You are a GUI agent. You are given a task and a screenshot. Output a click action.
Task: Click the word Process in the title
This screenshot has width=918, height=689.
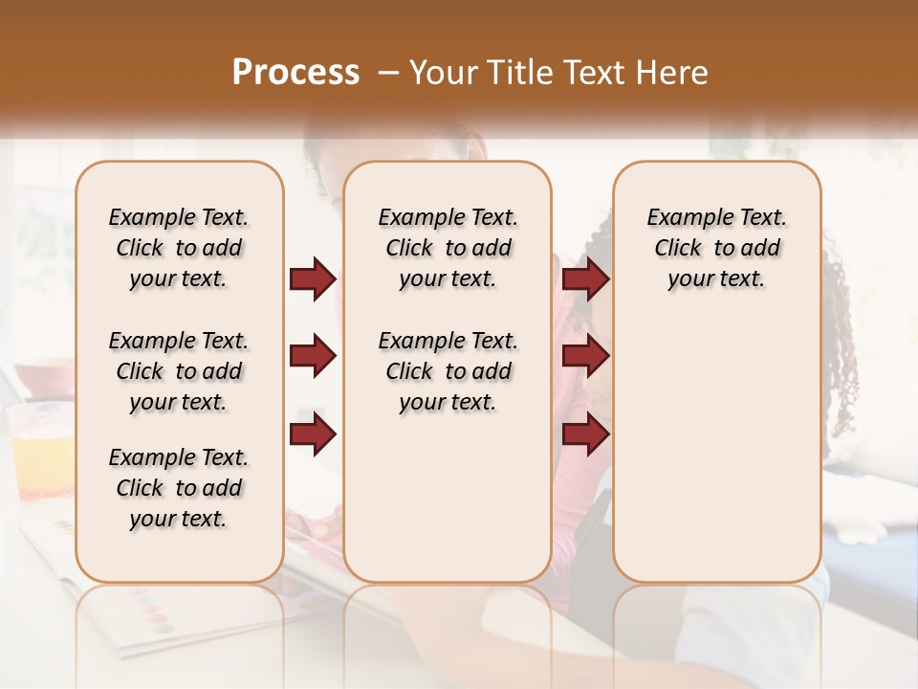click(x=295, y=73)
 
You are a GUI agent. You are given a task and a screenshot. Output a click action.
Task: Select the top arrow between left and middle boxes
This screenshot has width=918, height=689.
click(x=313, y=278)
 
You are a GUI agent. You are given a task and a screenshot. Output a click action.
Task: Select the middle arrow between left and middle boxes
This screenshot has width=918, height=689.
click(x=313, y=357)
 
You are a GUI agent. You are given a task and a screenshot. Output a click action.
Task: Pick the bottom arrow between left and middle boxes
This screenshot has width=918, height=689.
click(x=313, y=434)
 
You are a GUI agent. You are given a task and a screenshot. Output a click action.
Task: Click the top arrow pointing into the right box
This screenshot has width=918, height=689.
click(x=585, y=278)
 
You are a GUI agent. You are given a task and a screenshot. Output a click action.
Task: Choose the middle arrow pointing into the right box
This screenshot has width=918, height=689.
click(x=585, y=357)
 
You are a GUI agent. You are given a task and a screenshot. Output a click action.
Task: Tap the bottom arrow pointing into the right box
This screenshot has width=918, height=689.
click(x=585, y=434)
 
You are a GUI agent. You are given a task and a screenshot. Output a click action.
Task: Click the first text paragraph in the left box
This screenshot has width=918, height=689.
click(x=179, y=248)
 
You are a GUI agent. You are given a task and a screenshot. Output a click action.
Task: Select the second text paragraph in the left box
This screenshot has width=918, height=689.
click(x=179, y=371)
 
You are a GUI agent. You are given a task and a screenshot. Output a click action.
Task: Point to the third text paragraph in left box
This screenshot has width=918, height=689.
click(x=179, y=488)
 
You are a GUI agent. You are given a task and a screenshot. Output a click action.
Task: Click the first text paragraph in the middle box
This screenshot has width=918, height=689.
click(x=448, y=248)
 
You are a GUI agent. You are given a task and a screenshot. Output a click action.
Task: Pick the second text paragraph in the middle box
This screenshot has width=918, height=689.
click(x=448, y=371)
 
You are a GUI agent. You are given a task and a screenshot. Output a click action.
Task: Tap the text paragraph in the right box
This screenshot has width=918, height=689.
click(x=716, y=248)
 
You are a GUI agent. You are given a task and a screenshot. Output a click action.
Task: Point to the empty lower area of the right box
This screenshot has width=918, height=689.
click(x=716, y=459)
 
